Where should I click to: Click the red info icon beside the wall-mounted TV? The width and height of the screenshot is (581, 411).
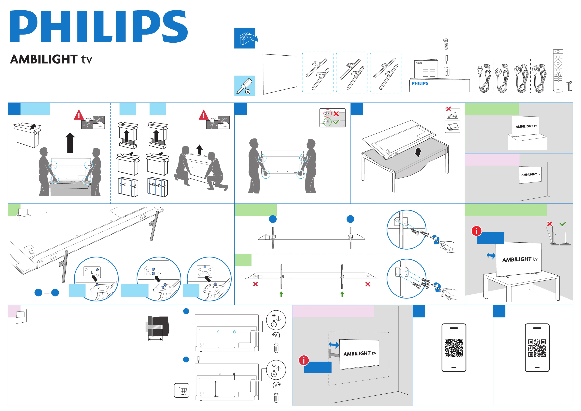(304, 360)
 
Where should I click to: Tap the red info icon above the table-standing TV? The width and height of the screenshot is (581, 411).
(476, 231)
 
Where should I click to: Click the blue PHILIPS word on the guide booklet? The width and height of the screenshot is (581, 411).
(420, 83)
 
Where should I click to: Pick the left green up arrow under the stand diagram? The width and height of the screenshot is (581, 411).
(281, 294)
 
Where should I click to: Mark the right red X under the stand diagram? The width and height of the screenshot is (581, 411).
(368, 284)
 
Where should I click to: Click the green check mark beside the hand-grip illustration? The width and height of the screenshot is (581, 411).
(336, 122)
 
